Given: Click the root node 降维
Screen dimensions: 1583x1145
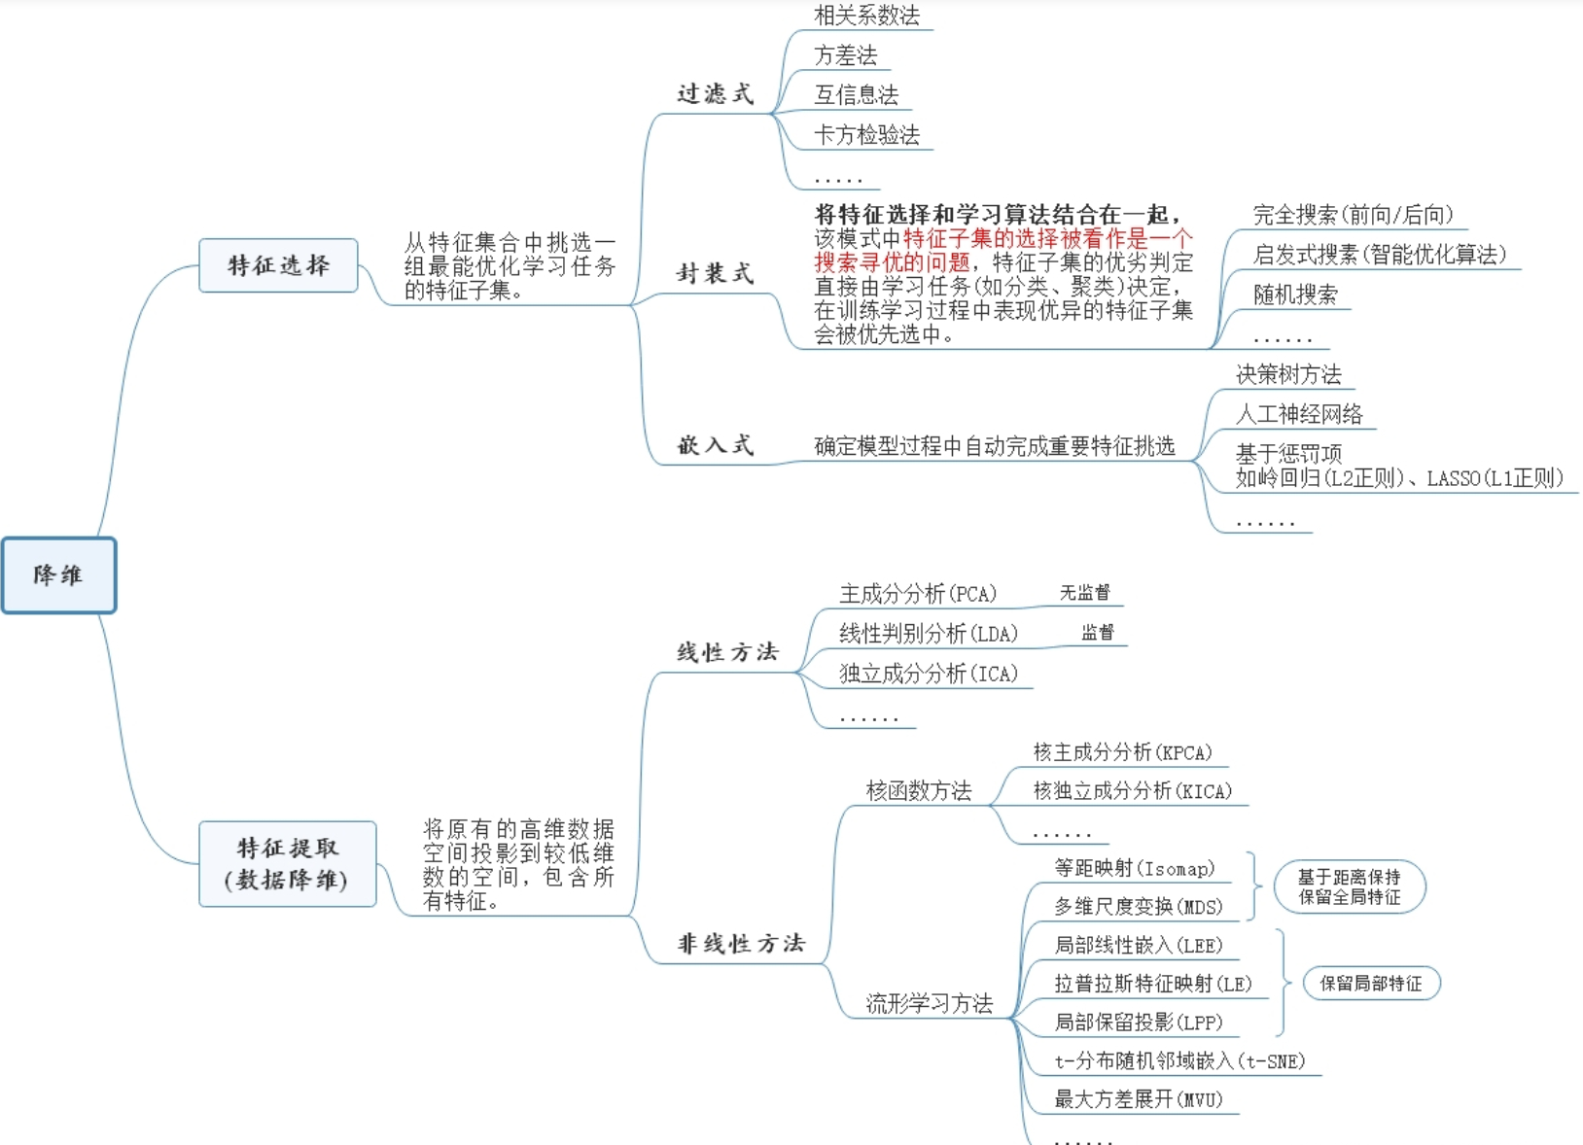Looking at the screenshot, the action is coord(58,575).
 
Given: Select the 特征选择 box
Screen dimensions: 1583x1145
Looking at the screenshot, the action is coord(278,265).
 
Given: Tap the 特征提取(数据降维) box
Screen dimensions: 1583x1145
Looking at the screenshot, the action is coord(287,863).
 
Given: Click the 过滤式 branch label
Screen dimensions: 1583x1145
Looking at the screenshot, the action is coord(716,94).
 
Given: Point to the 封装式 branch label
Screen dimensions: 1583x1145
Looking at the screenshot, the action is coord(716,274).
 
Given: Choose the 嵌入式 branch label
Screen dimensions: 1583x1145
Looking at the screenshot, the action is coord(716,445).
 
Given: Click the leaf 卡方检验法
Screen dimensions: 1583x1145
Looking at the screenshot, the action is coord(866,135).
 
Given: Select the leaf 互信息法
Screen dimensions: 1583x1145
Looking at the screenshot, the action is coord(856,95).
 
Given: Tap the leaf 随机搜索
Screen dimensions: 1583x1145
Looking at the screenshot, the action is coord(1295,295).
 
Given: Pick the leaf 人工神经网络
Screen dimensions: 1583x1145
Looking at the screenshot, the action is coord(1299,414).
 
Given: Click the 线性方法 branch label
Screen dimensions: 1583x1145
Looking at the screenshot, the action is coord(728,652).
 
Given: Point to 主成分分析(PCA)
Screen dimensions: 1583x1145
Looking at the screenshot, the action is coord(918,594).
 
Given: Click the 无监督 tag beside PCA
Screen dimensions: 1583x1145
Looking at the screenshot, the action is coord(1084,593).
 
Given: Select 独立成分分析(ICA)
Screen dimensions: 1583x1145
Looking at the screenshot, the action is coord(929,674).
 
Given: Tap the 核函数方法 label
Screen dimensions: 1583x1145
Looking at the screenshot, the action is coord(919,791).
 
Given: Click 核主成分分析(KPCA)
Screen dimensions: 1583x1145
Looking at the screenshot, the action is coord(1122,752).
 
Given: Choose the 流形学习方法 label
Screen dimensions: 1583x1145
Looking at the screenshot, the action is coord(930,1004).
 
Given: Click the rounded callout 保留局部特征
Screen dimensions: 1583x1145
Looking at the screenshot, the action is coord(1370,984).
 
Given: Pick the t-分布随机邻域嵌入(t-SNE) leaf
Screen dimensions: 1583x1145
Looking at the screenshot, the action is coord(1179,1061).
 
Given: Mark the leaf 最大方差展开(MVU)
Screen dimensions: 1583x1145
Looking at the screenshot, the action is coord(1139,1100).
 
